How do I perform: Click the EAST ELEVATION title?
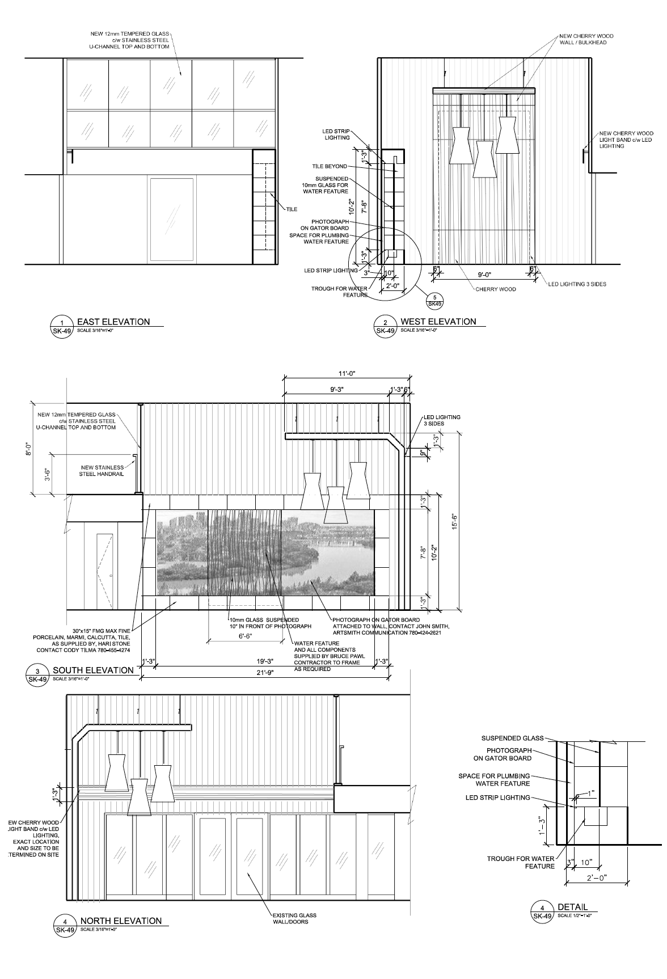point(113,322)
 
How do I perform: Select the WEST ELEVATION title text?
point(438,322)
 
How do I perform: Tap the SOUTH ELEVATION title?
point(93,670)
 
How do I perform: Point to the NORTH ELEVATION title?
point(121,921)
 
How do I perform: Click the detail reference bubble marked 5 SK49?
point(435,300)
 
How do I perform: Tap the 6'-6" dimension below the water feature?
point(245,637)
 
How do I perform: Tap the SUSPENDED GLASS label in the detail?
point(512,738)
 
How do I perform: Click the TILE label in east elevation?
point(292,209)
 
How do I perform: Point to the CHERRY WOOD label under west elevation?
point(495,289)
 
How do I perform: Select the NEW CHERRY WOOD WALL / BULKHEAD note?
point(586,39)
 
